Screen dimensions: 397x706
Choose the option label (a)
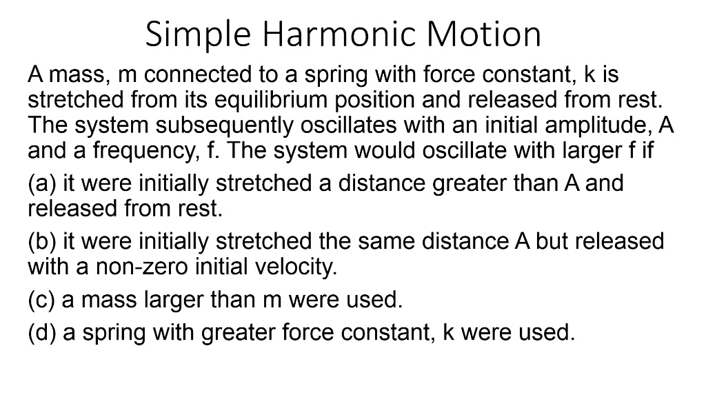(x=41, y=184)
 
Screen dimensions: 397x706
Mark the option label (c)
(x=41, y=301)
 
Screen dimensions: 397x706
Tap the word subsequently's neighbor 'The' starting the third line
(x=49, y=126)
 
